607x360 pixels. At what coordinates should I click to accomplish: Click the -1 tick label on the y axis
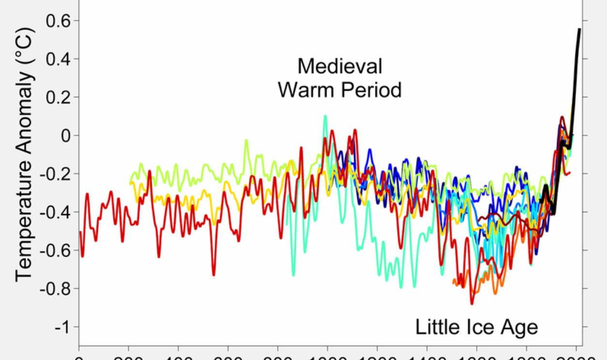tap(62, 327)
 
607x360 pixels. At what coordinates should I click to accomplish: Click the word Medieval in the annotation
tap(339, 66)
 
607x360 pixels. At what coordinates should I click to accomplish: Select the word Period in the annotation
tap(372, 90)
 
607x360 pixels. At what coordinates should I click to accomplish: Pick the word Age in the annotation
tap(520, 327)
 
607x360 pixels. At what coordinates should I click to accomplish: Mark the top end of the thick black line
tap(579, 29)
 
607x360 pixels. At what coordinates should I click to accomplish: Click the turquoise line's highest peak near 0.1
tap(325, 116)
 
